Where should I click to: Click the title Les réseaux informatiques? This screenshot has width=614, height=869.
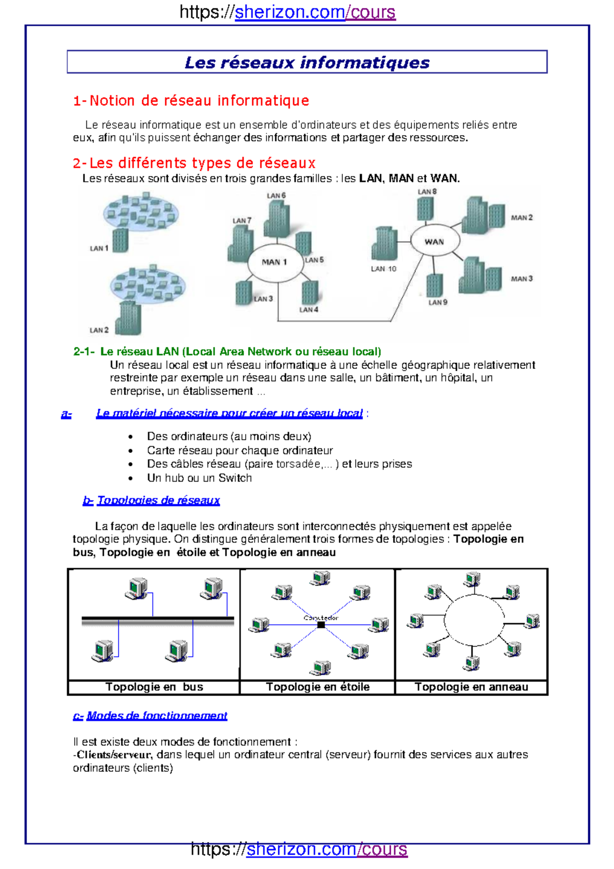click(x=307, y=62)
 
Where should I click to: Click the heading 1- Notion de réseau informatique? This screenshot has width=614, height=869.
click(x=191, y=100)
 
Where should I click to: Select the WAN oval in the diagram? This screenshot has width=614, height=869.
click(x=434, y=241)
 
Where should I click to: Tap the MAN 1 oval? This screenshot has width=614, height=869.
click(x=274, y=262)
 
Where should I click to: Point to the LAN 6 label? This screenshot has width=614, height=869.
click(x=276, y=195)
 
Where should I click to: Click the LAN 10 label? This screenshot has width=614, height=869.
click(x=383, y=269)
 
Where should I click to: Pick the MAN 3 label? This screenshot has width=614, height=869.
click(x=521, y=279)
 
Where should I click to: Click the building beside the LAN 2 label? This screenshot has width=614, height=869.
click(x=128, y=318)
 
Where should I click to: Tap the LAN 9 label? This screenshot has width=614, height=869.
click(x=437, y=302)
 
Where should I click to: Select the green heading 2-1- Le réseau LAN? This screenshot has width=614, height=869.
click(x=227, y=352)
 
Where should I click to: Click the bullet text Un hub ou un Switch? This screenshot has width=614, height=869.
click(x=199, y=478)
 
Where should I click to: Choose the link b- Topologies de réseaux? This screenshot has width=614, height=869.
click(x=151, y=501)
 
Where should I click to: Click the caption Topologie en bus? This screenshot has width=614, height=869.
click(x=154, y=687)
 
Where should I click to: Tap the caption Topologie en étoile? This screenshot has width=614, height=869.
click(x=317, y=687)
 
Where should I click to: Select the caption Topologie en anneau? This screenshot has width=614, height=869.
click(x=471, y=687)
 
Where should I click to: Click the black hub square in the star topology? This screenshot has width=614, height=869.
click(x=321, y=625)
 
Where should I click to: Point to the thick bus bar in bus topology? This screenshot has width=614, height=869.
click(x=158, y=621)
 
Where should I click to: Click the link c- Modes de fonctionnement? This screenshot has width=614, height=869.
click(x=150, y=715)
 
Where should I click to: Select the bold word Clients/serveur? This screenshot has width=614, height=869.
click(x=114, y=755)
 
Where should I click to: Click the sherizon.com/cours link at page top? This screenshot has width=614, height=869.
click(x=315, y=12)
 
